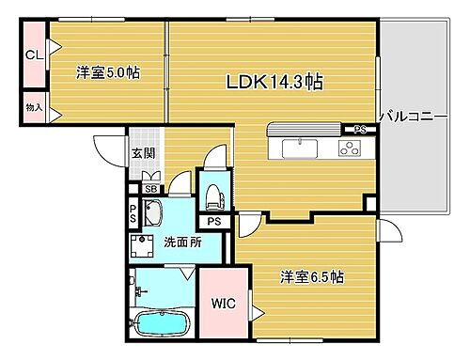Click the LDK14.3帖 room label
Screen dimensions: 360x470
[274, 82]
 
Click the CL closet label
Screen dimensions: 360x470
[33, 55]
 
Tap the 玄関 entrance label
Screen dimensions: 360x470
[143, 154]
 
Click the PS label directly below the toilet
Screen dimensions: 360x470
[215, 222]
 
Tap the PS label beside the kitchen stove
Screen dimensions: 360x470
[360, 130]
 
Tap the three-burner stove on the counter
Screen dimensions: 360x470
[350, 147]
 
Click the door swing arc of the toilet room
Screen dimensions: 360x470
[217, 160]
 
